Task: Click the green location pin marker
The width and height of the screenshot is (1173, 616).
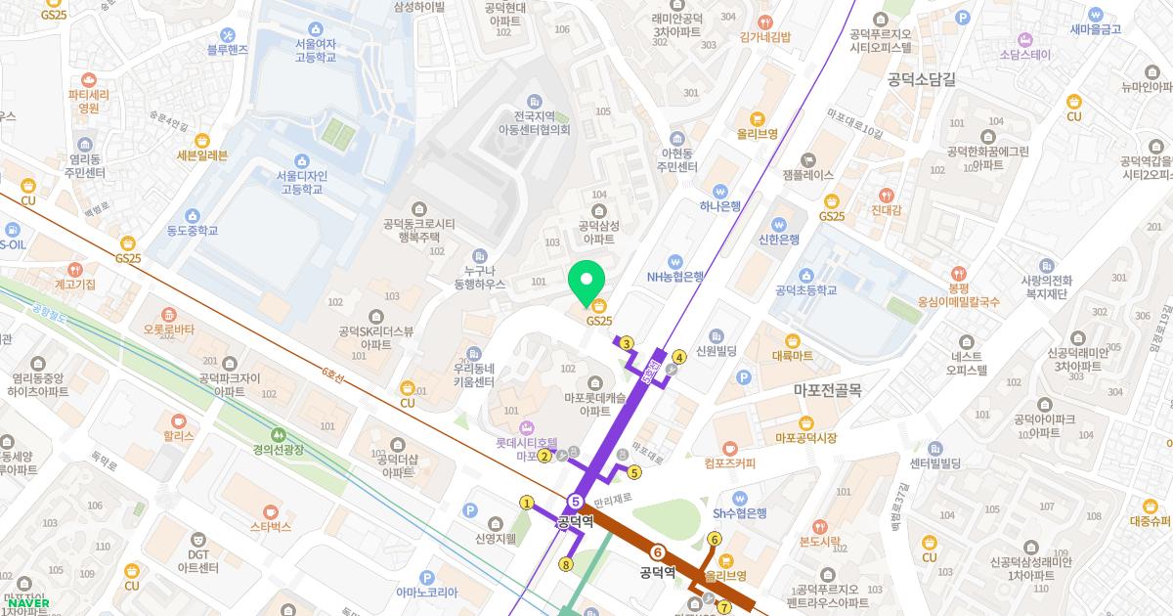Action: click(x=586, y=283)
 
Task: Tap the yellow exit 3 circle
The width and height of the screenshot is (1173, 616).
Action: click(x=627, y=342)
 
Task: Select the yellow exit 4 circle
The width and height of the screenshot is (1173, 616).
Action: click(x=678, y=357)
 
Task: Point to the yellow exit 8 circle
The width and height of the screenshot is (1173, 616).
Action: click(x=565, y=564)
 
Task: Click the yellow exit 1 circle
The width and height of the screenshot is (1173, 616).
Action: click(x=527, y=503)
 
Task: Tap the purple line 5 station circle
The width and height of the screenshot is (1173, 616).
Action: click(x=576, y=503)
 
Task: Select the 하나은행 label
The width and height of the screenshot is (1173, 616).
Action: click(x=720, y=206)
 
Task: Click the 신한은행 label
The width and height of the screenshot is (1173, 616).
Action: click(x=779, y=240)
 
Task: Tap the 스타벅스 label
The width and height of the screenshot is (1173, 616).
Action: click(x=271, y=527)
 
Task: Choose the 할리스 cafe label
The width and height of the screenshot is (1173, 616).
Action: click(x=179, y=437)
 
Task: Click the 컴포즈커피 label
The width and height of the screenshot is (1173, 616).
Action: click(x=729, y=462)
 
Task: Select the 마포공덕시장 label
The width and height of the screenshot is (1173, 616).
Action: click(x=805, y=438)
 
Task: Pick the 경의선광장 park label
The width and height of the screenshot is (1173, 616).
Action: click(x=279, y=449)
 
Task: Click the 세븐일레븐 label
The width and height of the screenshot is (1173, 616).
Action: click(x=202, y=154)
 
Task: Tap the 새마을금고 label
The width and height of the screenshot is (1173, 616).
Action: click(x=1095, y=28)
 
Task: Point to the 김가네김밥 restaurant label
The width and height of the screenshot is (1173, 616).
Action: click(x=766, y=37)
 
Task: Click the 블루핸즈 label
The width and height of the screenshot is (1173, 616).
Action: click(x=228, y=49)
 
